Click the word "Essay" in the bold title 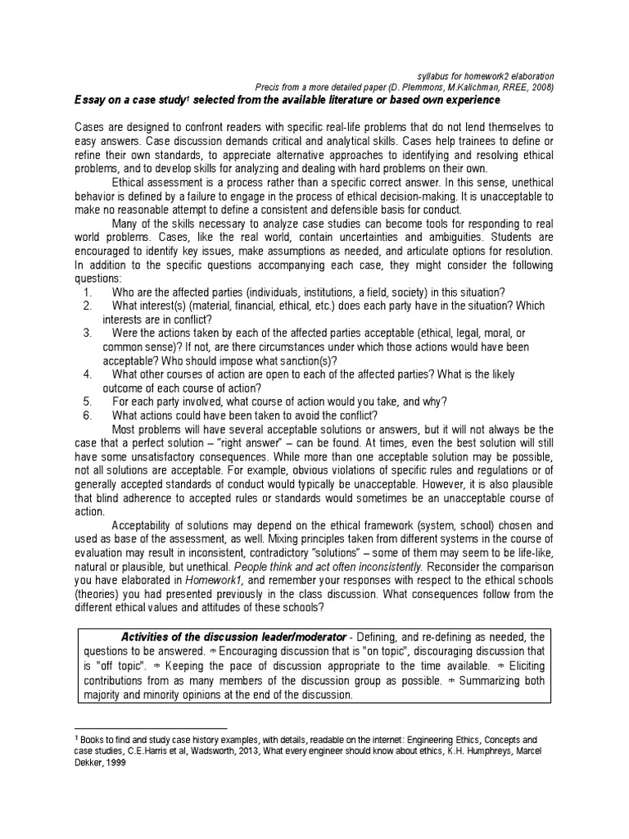tap(88, 100)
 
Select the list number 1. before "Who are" tap(88, 294)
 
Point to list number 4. tap(88, 374)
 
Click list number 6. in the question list tap(88, 415)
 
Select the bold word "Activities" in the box tap(151, 637)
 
